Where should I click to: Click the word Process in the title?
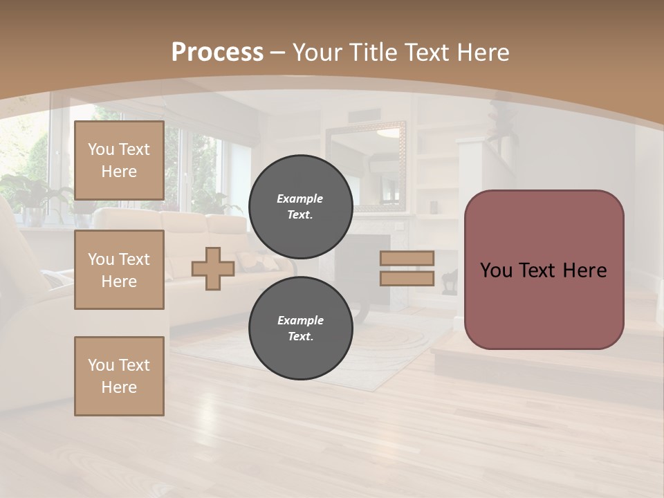tap(217, 52)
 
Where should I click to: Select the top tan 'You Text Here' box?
tap(119, 160)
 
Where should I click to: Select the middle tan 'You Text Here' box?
tap(119, 270)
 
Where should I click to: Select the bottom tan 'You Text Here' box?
tap(119, 376)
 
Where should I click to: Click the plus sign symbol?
tap(212, 269)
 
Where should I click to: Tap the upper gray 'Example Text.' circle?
tap(300, 207)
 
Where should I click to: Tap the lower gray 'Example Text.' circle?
tap(300, 329)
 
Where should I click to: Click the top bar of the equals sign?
tap(407, 259)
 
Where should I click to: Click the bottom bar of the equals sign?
tap(407, 279)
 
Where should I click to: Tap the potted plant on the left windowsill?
tap(28, 197)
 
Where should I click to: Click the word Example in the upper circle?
tap(299, 199)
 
